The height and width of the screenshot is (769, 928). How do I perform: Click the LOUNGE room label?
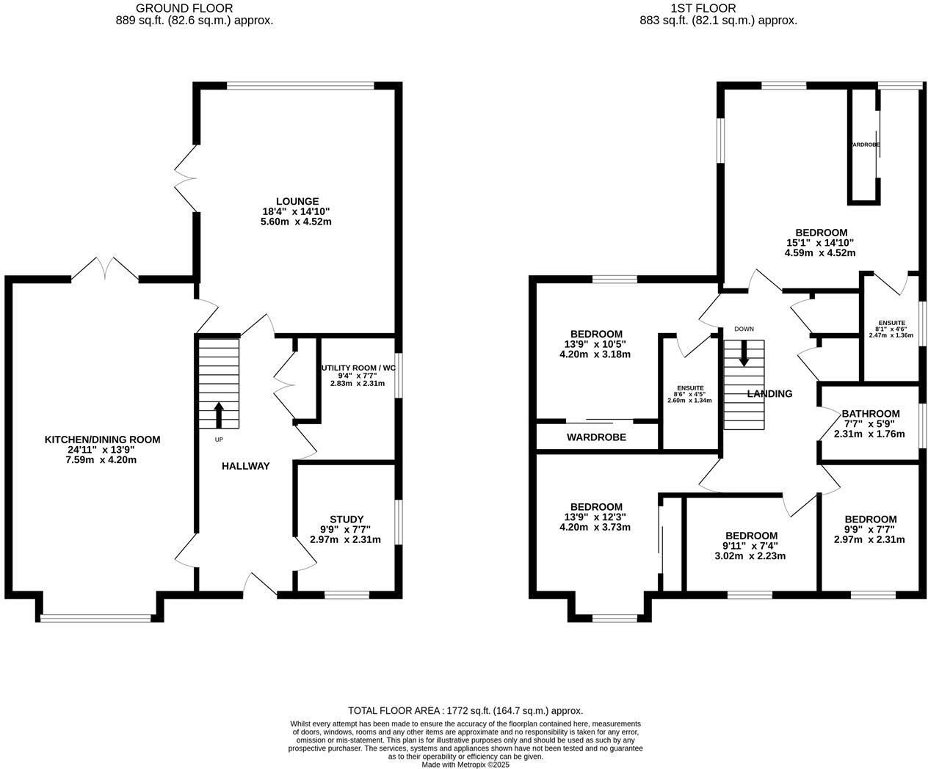(x=297, y=201)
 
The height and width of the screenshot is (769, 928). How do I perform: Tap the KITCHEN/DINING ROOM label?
(x=102, y=440)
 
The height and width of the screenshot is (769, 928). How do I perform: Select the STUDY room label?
(x=347, y=519)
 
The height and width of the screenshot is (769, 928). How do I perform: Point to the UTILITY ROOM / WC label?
(x=358, y=368)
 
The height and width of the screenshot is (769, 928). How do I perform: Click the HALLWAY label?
(x=246, y=466)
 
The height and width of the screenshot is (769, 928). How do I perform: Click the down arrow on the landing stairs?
(x=744, y=354)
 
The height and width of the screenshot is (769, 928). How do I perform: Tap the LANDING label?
(x=769, y=394)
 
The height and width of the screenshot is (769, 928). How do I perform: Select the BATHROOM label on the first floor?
(x=871, y=413)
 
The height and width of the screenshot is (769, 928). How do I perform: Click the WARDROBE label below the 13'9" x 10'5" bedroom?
(x=596, y=437)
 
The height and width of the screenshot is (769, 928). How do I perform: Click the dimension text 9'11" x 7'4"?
(x=751, y=545)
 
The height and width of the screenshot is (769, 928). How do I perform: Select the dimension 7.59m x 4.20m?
(x=102, y=460)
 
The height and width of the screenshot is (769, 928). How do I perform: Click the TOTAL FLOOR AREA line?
(x=465, y=710)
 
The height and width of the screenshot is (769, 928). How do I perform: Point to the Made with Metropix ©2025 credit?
(x=465, y=764)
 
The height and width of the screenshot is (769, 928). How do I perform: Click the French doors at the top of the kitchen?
(x=105, y=269)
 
